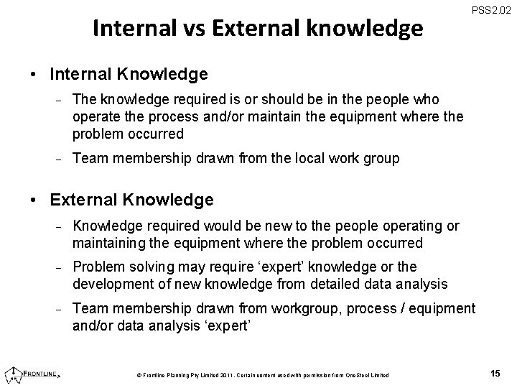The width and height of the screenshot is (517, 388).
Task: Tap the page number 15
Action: [x=495, y=373]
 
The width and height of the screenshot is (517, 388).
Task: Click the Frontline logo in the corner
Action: [x=33, y=374]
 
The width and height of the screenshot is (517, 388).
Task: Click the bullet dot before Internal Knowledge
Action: [x=34, y=74]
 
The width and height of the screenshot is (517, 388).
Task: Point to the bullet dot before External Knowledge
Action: [x=34, y=199]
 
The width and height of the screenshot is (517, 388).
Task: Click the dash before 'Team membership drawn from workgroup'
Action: [x=61, y=309]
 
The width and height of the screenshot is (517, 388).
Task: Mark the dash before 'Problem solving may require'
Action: [x=61, y=268]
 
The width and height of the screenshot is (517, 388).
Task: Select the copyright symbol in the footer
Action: [x=138, y=375]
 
